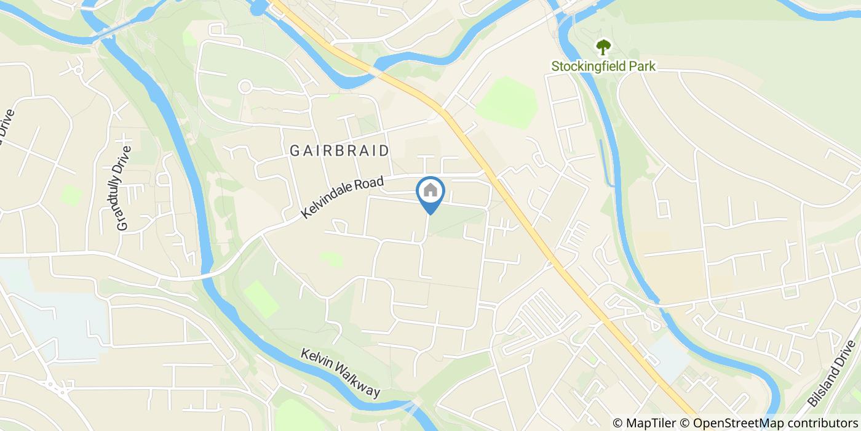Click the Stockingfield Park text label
603,66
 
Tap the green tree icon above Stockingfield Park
603,47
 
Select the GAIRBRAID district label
339,151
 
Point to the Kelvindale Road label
343,198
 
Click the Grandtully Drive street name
124,188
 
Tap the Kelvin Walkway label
341,373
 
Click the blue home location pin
430,195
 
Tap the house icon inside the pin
430,190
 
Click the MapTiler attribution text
650,423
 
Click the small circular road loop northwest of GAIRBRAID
245,87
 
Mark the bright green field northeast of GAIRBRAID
507,102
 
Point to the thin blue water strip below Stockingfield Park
606,163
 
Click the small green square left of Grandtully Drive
71,195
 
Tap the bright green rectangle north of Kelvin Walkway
261,299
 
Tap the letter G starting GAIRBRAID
294,151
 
